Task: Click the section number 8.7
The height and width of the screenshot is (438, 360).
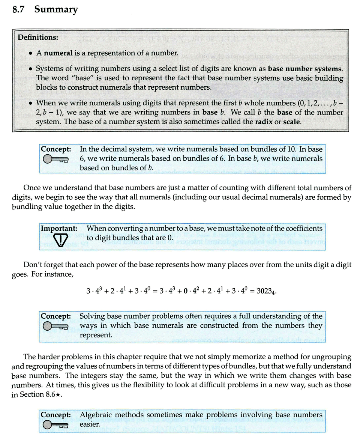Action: (19, 9)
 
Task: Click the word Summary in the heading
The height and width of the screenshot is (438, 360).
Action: (56, 9)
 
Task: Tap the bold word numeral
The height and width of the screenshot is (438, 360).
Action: (58, 53)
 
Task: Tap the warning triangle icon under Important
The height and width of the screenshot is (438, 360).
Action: (60, 239)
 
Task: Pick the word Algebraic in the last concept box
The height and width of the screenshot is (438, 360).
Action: (96, 415)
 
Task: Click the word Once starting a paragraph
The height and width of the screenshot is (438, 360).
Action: (31, 188)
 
